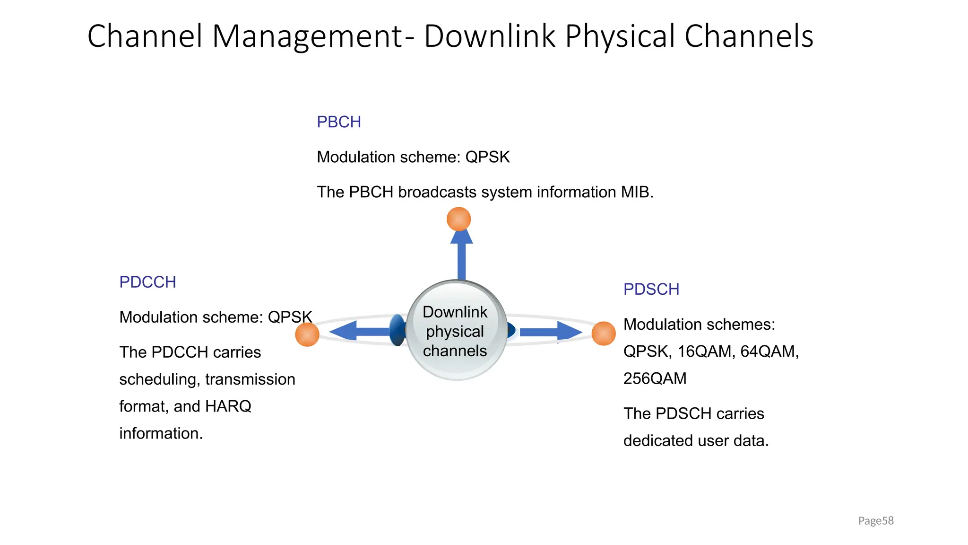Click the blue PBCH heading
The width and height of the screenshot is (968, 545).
pyautogui.click(x=338, y=122)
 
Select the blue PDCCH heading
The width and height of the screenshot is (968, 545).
pyautogui.click(x=147, y=282)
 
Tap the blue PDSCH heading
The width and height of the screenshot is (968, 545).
pyautogui.click(x=651, y=290)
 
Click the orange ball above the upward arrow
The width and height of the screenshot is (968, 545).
pyautogui.click(x=458, y=219)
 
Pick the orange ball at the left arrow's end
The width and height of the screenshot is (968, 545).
pyautogui.click(x=307, y=334)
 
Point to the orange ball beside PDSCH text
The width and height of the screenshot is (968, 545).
pyautogui.click(x=604, y=333)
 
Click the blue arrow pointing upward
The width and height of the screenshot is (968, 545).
pyautogui.click(x=461, y=255)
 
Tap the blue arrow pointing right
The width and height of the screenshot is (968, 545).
pyautogui.click(x=551, y=332)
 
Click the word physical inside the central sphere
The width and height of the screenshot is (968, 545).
pyautogui.click(x=455, y=332)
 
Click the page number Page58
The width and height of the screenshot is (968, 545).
pyautogui.click(x=875, y=521)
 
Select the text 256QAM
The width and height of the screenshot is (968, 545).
pyautogui.click(x=655, y=378)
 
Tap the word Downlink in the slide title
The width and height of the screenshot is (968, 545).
pyautogui.click(x=489, y=36)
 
